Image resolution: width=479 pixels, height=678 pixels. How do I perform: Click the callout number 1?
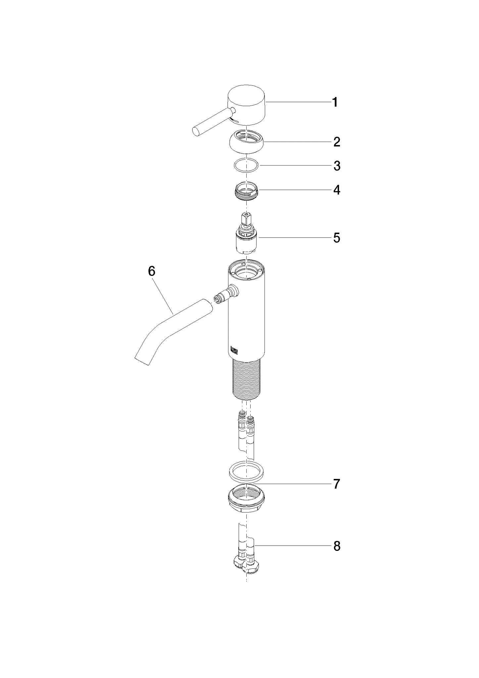coord(335,102)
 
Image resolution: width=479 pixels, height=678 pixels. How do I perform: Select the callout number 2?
coord(337,142)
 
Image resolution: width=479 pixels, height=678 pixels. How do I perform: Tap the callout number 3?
coord(337,166)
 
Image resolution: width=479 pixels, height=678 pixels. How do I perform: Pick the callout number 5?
coord(337,238)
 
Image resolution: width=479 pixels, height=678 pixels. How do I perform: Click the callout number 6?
coord(151,271)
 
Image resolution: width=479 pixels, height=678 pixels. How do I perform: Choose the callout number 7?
coord(337,484)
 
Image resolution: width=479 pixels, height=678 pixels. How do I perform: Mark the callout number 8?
coord(337,547)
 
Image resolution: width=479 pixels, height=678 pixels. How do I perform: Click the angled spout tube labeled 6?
coord(172,331)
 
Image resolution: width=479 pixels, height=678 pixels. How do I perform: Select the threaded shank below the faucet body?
coord(247,379)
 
